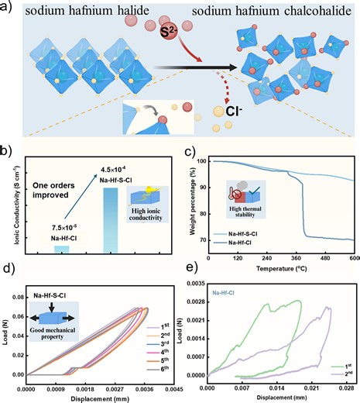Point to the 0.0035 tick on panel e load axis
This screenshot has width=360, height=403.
click(196, 286)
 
